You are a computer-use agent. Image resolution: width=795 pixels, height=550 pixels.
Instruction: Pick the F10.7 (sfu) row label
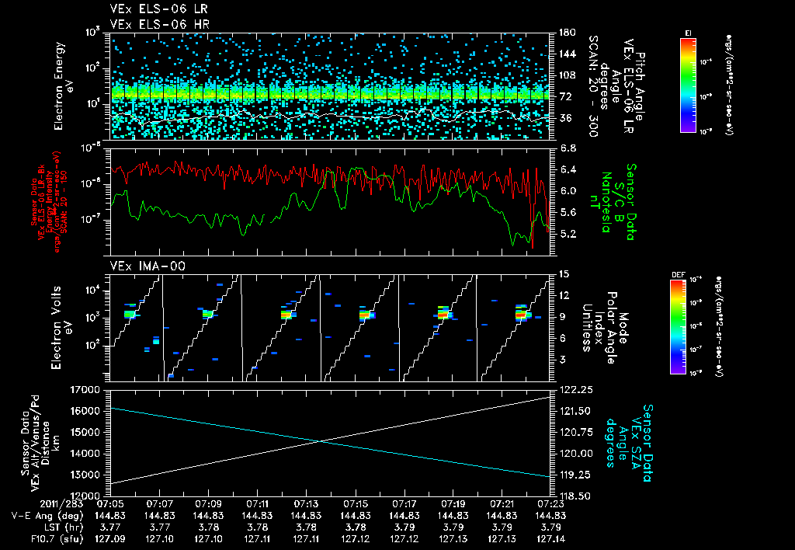click(x=47, y=537)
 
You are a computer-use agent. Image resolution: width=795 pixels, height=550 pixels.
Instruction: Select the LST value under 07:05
click(x=113, y=526)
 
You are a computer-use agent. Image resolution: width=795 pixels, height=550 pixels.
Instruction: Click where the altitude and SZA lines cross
click(x=321, y=441)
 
